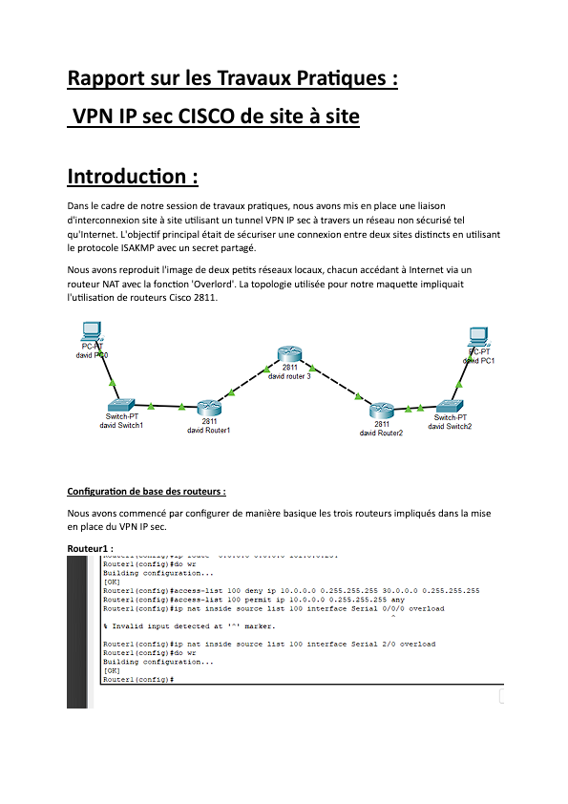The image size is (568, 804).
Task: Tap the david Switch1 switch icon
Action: coord(124,406)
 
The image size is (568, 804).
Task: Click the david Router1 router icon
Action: coord(209,409)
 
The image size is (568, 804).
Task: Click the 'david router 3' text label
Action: coord(290,377)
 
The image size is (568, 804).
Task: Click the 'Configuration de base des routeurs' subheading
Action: coord(146,492)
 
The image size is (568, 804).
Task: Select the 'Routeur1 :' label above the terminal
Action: coord(91,548)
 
